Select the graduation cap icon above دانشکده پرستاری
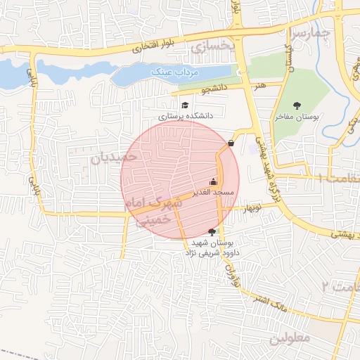click(185, 105)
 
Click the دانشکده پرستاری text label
click(185, 116)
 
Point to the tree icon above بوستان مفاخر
click(296, 105)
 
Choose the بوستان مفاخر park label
click(296, 117)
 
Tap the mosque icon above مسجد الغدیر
click(213, 181)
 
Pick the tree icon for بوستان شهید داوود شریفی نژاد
click(212, 231)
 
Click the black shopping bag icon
click(231, 143)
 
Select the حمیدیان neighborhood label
click(112, 157)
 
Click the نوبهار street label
click(252, 209)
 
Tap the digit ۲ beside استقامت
click(325, 286)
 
